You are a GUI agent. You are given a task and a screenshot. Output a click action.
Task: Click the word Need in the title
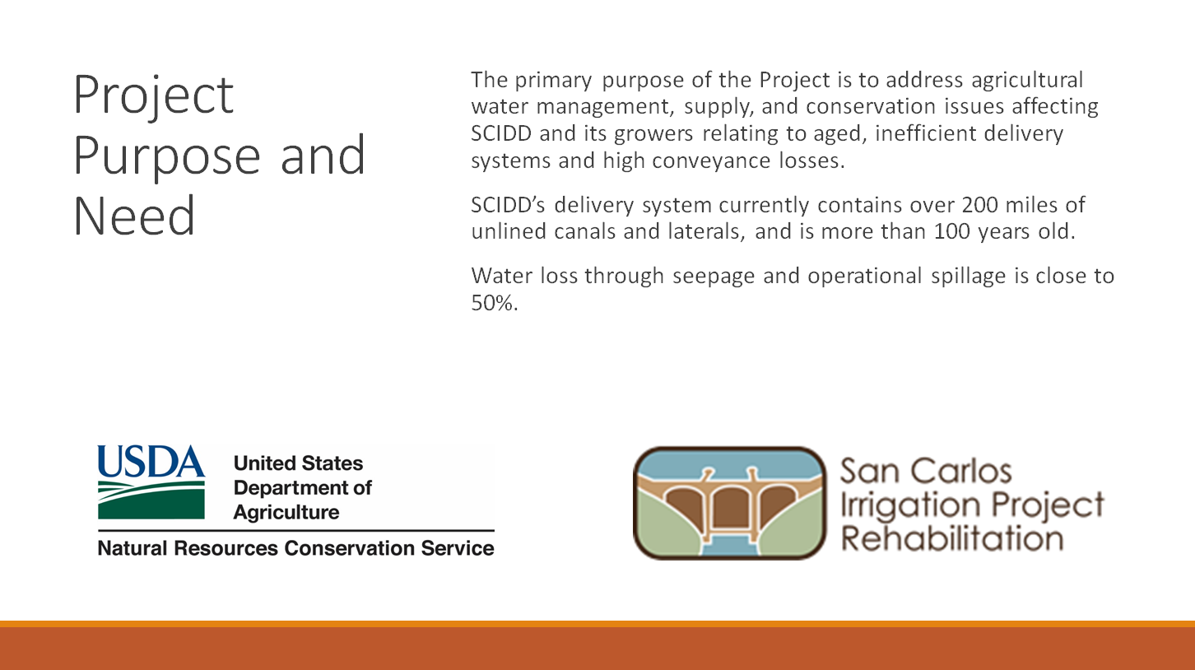point(134,216)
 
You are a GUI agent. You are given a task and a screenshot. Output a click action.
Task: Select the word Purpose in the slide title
point(167,156)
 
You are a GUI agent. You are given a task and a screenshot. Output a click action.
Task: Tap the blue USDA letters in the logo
point(151,462)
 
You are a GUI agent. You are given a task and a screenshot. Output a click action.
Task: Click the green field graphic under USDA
point(151,500)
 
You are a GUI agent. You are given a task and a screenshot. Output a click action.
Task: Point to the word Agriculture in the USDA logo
point(286,513)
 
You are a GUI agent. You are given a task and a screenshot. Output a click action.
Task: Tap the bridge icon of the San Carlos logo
point(729,503)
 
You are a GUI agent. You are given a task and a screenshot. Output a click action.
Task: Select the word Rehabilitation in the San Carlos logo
point(952,538)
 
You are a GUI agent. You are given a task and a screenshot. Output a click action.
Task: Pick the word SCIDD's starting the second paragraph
point(508,206)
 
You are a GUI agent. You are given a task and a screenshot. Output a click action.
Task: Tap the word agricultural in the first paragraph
point(1027,81)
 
